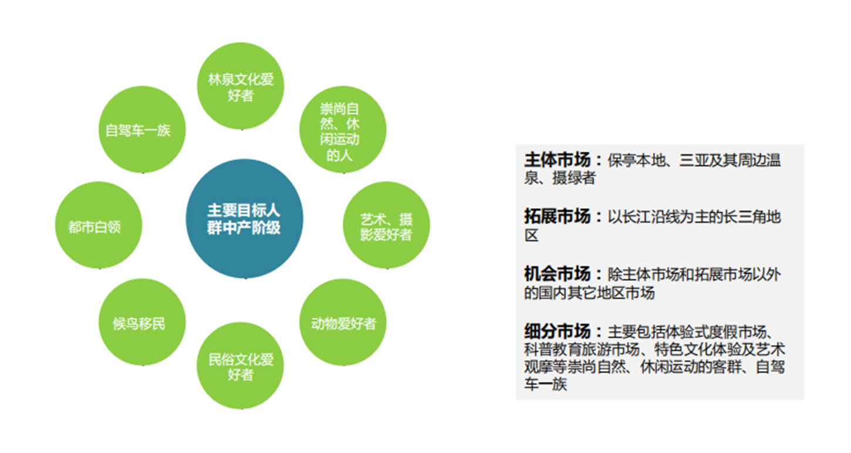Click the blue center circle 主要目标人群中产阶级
coord(244,219)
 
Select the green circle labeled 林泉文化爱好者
coord(241,86)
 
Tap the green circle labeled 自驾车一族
coord(142,130)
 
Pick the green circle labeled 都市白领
coord(99,225)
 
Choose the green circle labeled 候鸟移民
coord(142,322)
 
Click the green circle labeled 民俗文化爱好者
coord(241,366)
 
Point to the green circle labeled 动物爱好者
coord(343,322)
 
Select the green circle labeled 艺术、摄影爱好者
coord(387,225)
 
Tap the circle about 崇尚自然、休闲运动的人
coord(343,130)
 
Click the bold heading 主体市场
coord(558,160)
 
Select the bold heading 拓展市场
coord(558,216)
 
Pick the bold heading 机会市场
coord(558,273)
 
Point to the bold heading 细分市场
coord(558,331)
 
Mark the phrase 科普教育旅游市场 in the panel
coord(582,350)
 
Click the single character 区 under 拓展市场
coord(532,236)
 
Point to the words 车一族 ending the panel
coord(546,384)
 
